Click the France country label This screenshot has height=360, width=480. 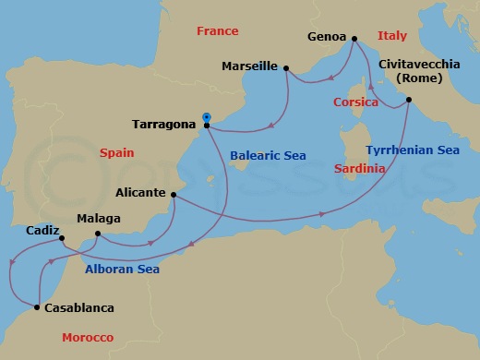pyautogui.click(x=217, y=31)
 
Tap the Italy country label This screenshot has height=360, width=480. pyautogui.click(x=392, y=36)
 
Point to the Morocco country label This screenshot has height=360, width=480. pyautogui.click(x=87, y=338)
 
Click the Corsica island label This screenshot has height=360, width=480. pyautogui.click(x=355, y=102)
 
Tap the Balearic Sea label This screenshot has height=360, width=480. pyautogui.click(x=268, y=156)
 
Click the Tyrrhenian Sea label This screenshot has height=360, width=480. pyautogui.click(x=412, y=150)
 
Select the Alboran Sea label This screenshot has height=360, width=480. pyautogui.click(x=122, y=269)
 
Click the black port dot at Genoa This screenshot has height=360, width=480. pyautogui.click(x=354, y=39)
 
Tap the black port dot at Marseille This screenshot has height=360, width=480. pyautogui.click(x=286, y=67)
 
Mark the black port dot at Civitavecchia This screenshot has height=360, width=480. pyautogui.click(x=409, y=100)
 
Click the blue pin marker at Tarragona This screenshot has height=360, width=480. pyautogui.click(x=206, y=118)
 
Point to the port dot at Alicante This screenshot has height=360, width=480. pyautogui.click(x=174, y=194)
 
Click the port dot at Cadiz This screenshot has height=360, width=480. pyautogui.click(x=62, y=239)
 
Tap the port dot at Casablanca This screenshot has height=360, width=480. pyautogui.click(x=37, y=307)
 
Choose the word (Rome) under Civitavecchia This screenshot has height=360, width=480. pyautogui.click(x=419, y=79)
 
